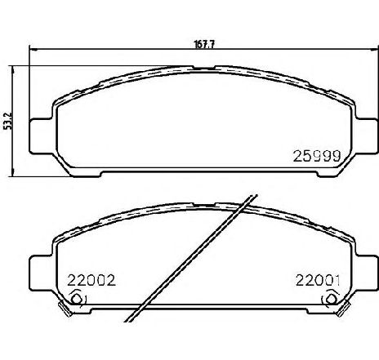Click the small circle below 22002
point(77,299)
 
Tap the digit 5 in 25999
point(300,153)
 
